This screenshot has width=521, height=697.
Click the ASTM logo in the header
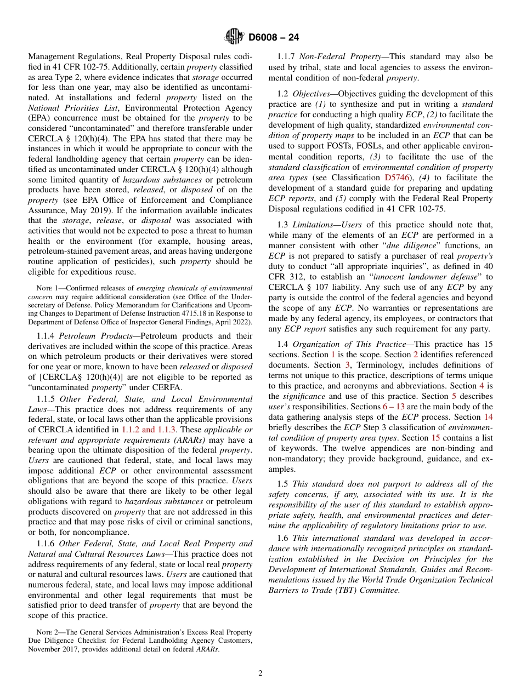coord(234,37)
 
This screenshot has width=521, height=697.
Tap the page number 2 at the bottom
coord(260,673)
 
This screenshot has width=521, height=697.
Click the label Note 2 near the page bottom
coord(47,632)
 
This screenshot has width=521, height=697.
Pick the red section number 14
coord(488,416)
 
